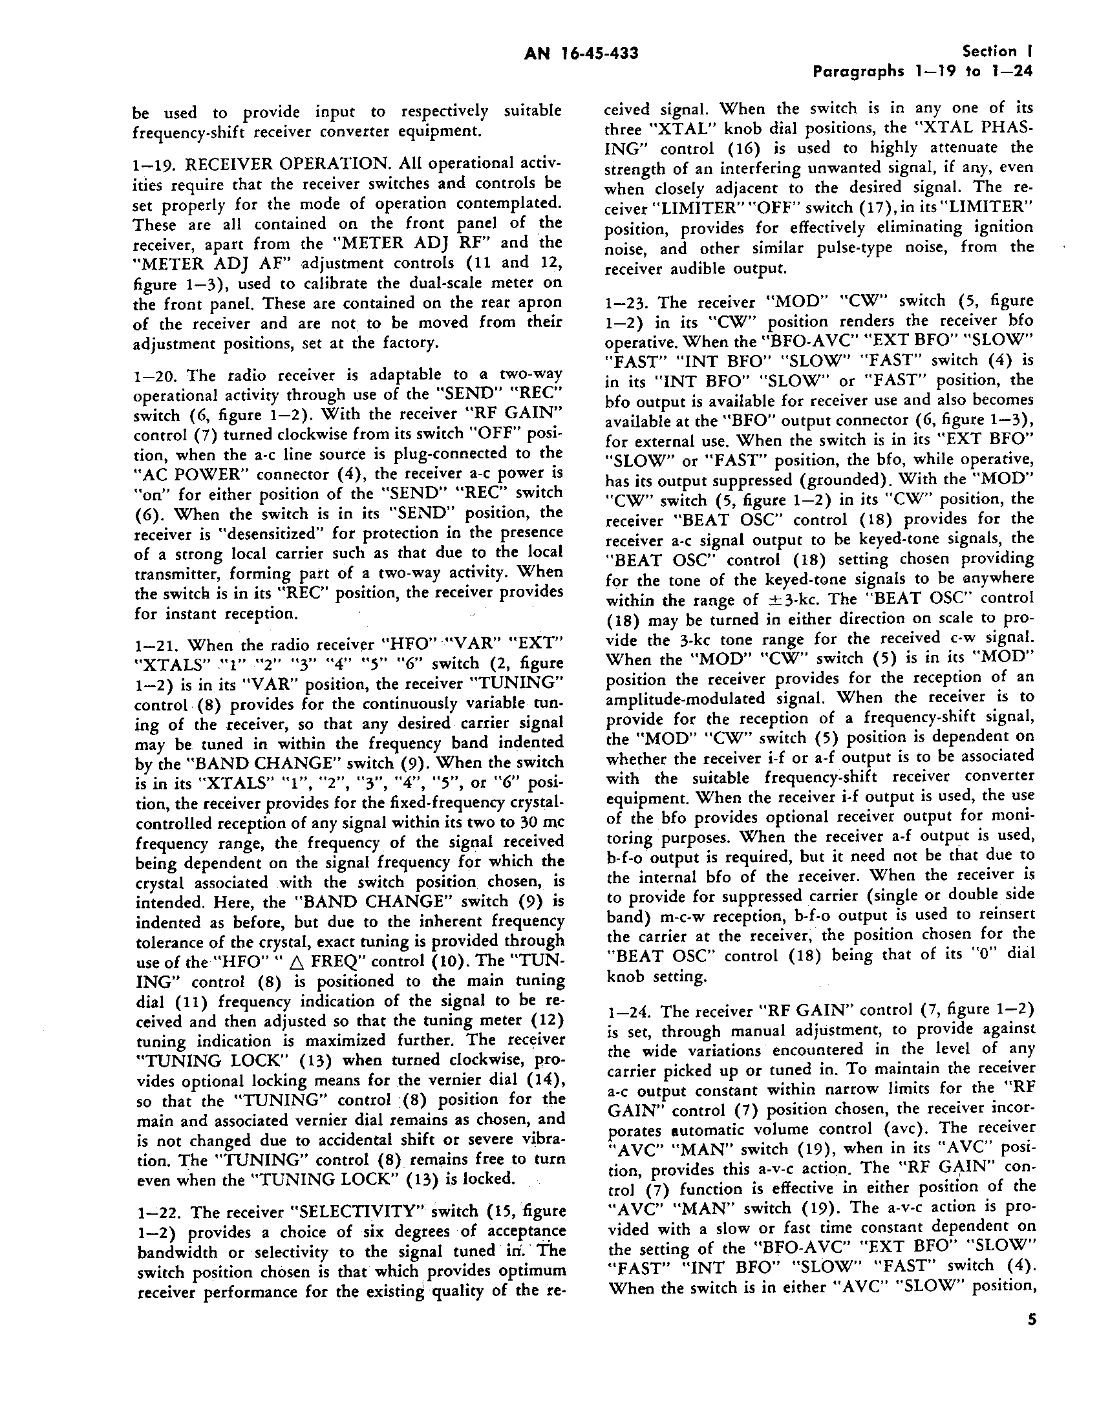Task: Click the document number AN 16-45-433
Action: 581,53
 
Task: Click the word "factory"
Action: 385,343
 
